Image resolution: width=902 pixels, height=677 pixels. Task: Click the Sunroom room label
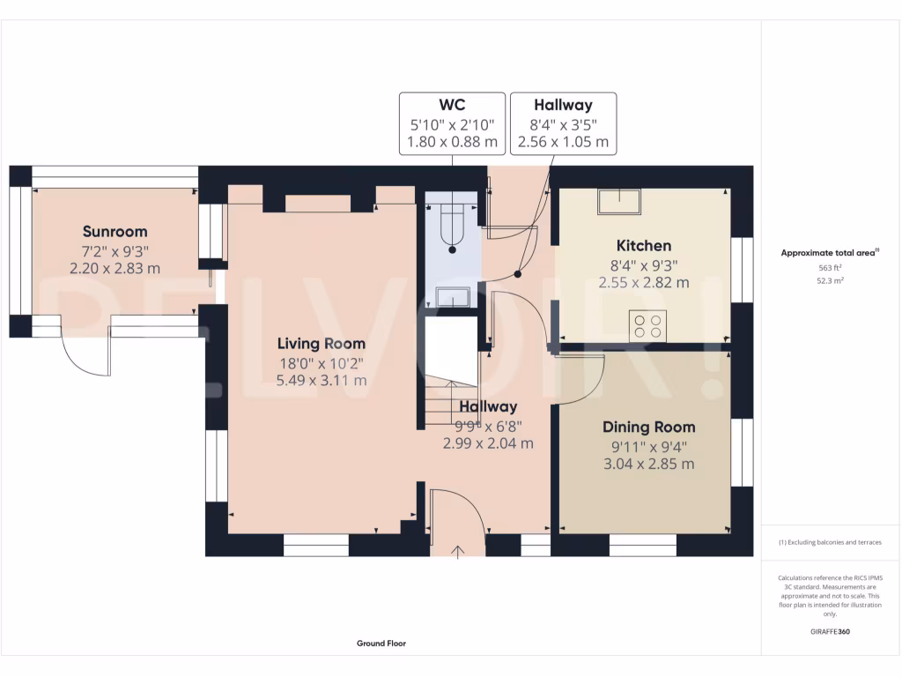pyautogui.click(x=115, y=232)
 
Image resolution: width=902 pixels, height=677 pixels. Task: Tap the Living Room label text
pyautogui.click(x=321, y=344)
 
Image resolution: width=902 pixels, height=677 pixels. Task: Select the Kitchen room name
pyautogui.click(x=643, y=246)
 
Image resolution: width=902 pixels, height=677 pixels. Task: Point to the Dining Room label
pyautogui.click(x=648, y=427)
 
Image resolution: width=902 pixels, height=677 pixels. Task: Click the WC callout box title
pyautogui.click(x=452, y=105)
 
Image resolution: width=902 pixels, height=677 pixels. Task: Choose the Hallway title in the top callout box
pyautogui.click(x=563, y=105)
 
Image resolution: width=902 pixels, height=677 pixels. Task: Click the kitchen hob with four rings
pyautogui.click(x=647, y=326)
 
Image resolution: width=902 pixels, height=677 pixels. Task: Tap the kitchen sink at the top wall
pyautogui.click(x=619, y=202)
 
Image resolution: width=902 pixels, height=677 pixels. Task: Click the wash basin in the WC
pyautogui.click(x=452, y=298)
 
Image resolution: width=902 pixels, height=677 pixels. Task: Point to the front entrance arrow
pyautogui.click(x=457, y=552)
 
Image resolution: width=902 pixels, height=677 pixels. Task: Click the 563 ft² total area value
pyautogui.click(x=830, y=268)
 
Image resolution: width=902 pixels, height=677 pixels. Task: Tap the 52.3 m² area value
pyautogui.click(x=830, y=280)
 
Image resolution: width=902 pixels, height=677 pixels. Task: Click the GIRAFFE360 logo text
pyautogui.click(x=830, y=631)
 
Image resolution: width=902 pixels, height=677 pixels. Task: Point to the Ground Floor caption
pyautogui.click(x=381, y=644)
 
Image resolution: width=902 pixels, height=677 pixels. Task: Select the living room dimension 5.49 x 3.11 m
pyautogui.click(x=321, y=380)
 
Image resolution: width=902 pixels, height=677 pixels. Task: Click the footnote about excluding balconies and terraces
pyautogui.click(x=830, y=542)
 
